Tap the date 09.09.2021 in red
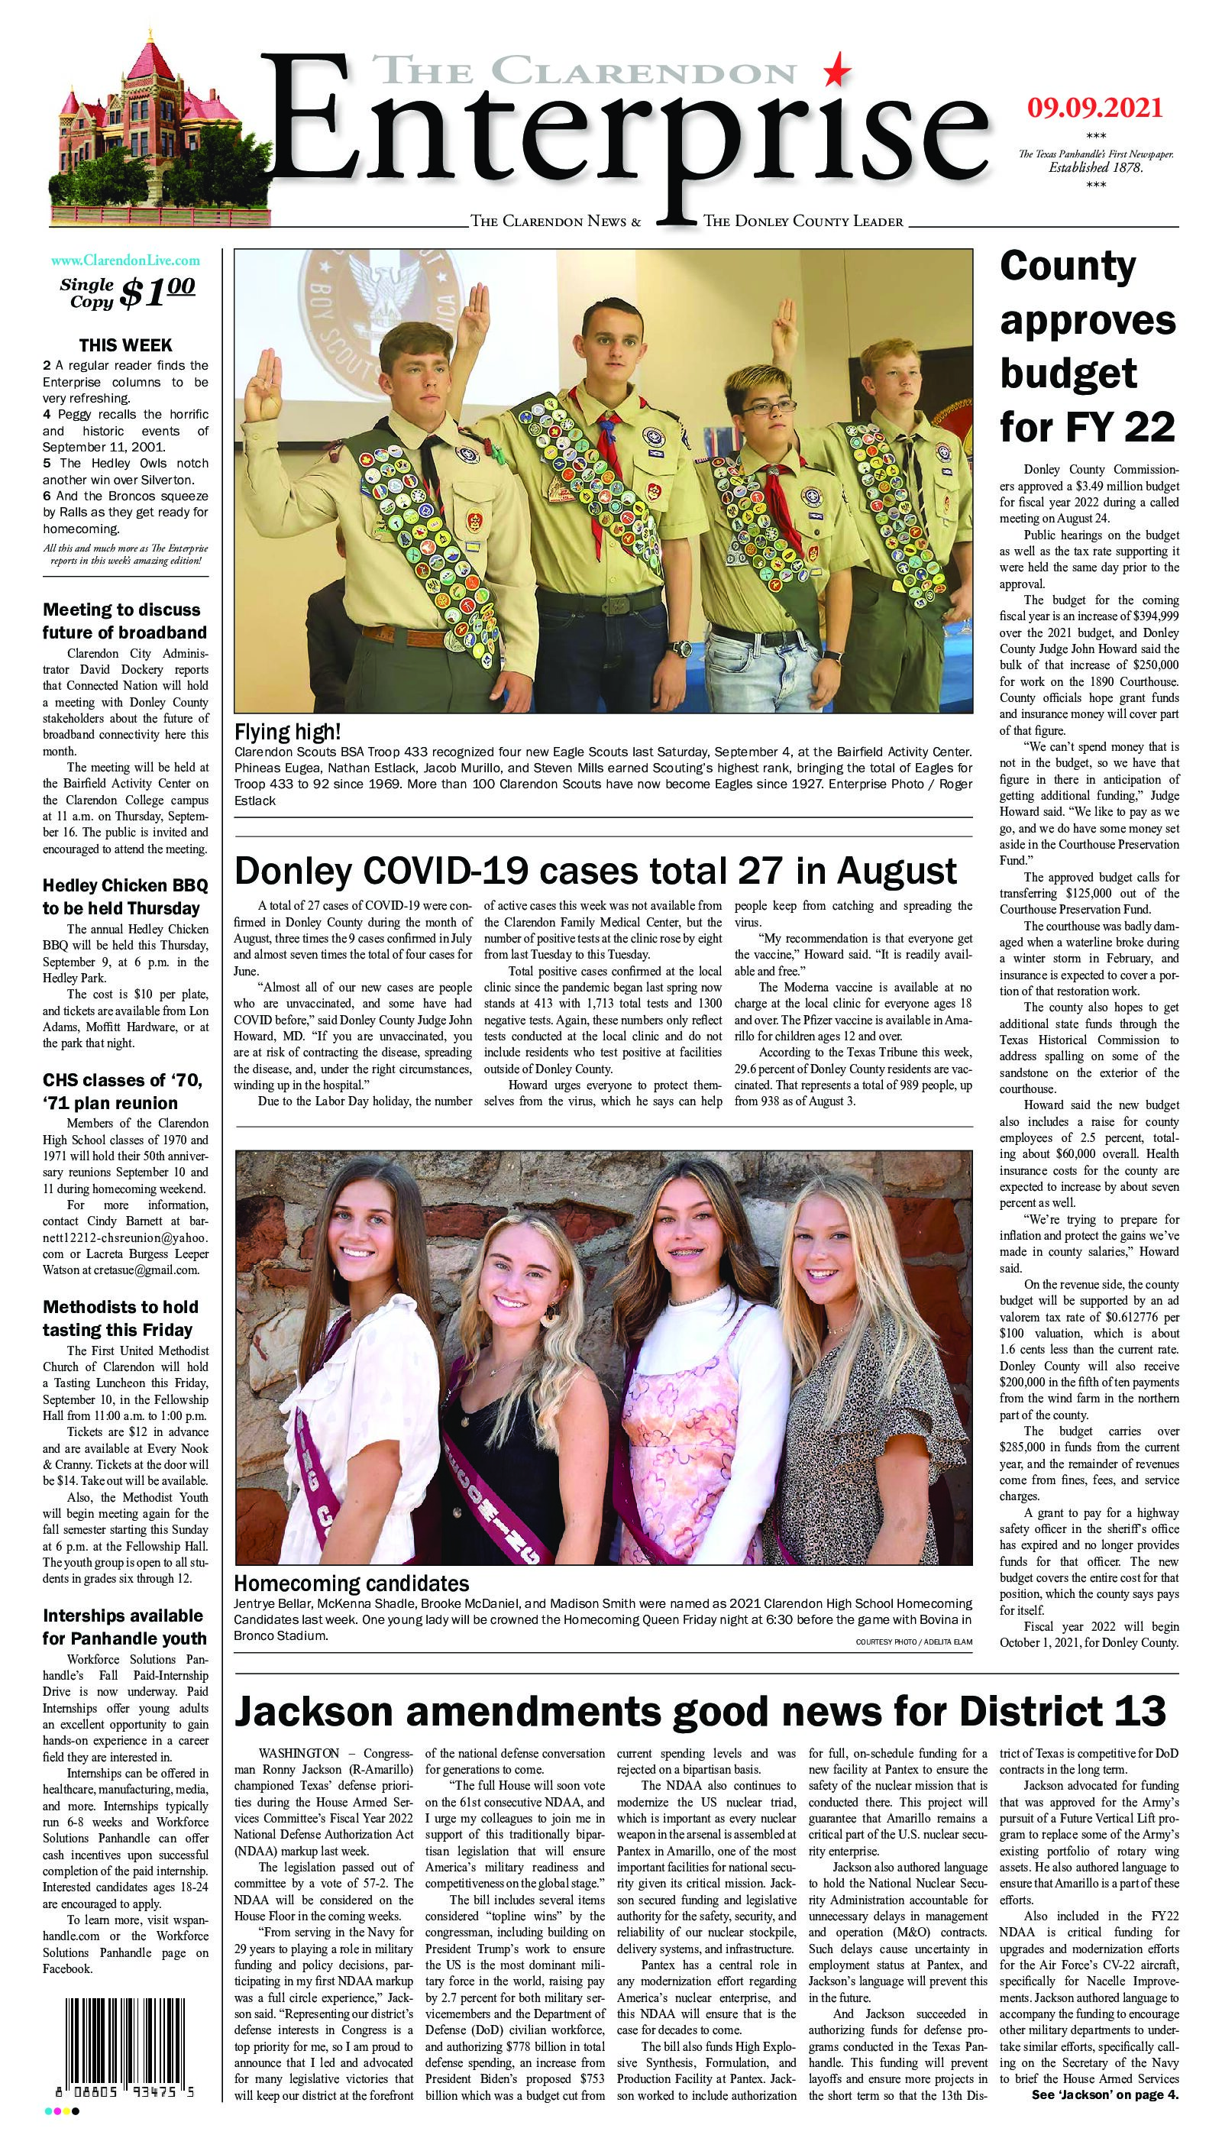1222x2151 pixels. pos(1094,108)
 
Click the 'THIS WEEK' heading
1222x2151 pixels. pos(125,345)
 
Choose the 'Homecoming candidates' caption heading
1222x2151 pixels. pos(351,1583)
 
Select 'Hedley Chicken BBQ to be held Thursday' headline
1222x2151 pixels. pos(125,896)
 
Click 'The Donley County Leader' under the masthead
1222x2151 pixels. pos(803,222)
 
